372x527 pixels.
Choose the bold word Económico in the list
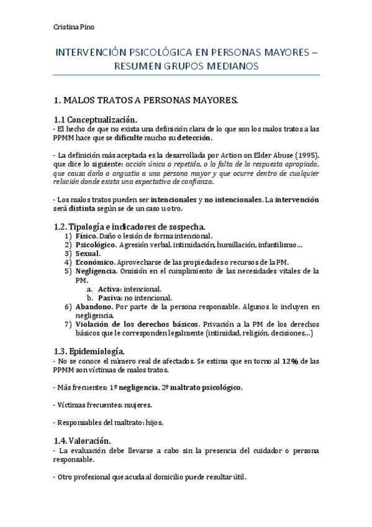94,262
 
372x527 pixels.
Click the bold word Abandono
93,307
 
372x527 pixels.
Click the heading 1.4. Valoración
82,440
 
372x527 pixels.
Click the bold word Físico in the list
86,236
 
